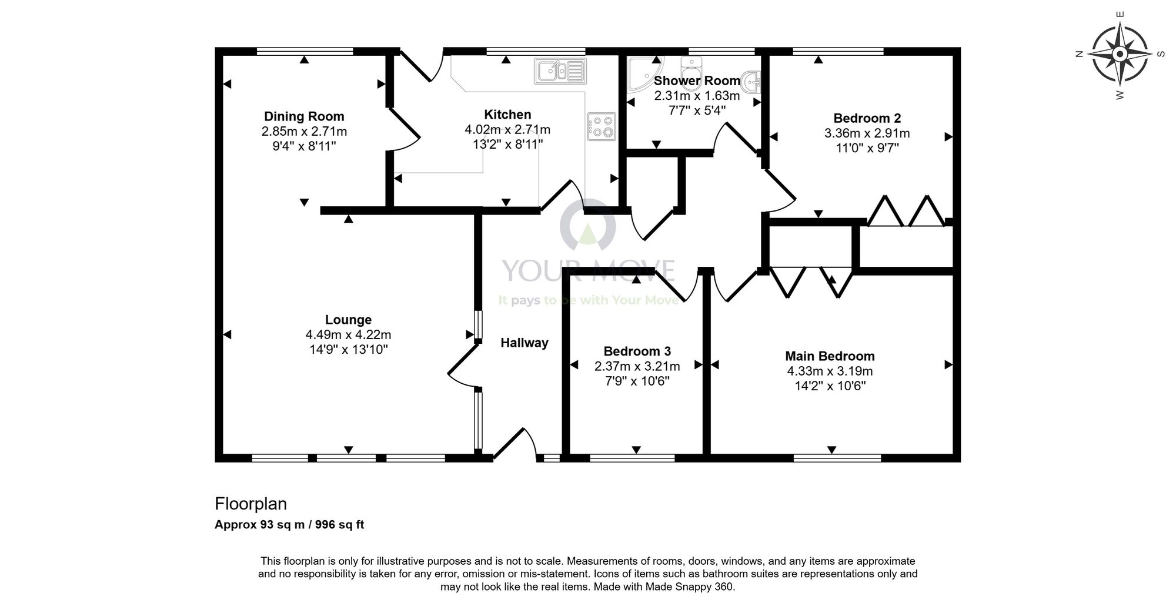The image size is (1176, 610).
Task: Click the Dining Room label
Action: tap(303, 116)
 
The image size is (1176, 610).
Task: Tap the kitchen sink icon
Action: tap(560, 71)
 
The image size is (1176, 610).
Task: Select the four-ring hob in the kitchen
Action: tap(601, 126)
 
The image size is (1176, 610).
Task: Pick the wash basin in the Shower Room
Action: tap(751, 82)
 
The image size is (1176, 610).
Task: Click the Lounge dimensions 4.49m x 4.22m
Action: tap(348, 335)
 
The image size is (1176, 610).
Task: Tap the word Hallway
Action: tap(524, 343)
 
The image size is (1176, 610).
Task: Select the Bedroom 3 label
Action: tap(637, 351)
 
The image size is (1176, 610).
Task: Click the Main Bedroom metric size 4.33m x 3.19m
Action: tap(830, 371)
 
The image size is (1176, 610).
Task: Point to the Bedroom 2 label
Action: tap(867, 118)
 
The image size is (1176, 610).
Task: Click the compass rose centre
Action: tap(1120, 54)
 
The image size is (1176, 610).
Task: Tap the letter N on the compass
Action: tap(1079, 54)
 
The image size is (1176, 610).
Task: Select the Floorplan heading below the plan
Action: tap(250, 504)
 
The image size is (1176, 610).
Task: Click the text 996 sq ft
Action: tap(339, 525)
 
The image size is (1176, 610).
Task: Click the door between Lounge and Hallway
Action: tap(464, 367)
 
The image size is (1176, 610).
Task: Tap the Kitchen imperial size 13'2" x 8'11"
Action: tap(507, 145)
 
